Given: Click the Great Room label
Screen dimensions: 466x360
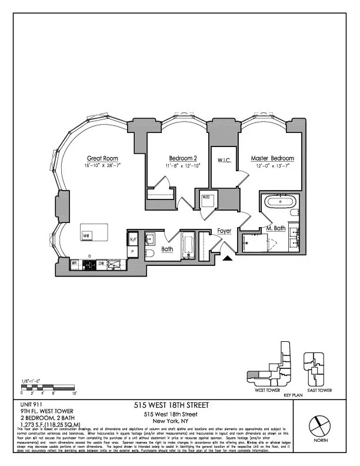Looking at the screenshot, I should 103,158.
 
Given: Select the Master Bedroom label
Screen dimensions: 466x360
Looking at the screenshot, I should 272,158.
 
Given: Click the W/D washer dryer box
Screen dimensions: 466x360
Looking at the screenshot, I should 206,198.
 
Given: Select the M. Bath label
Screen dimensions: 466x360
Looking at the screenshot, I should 276,228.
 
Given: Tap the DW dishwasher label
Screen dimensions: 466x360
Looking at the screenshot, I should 102,263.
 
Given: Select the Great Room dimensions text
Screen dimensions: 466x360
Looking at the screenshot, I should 103,167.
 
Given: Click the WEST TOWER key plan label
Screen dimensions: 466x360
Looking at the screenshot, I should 264,390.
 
